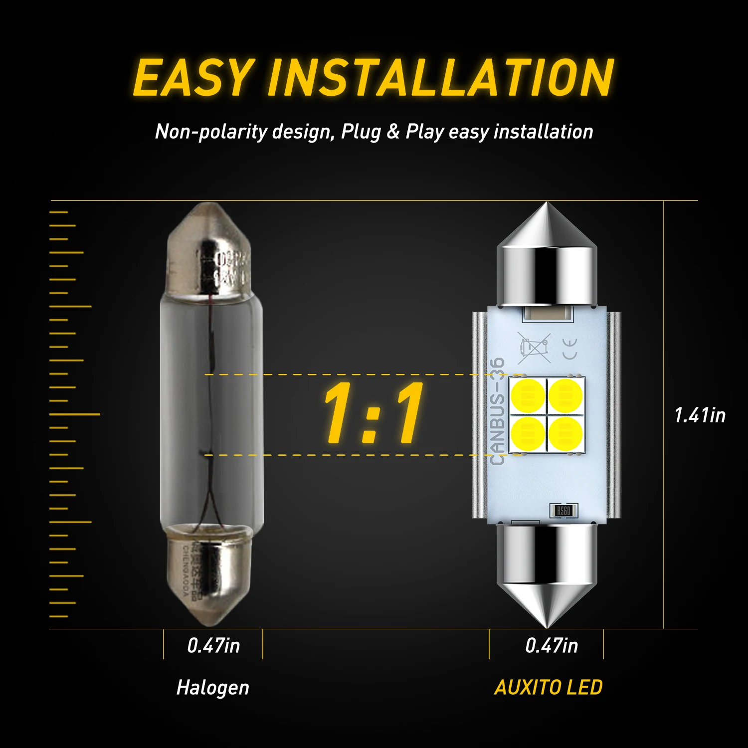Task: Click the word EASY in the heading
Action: [x=193, y=78]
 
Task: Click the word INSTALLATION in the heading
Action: [x=441, y=78]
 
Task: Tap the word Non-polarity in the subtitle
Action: [x=211, y=132]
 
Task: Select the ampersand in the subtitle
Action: [x=393, y=132]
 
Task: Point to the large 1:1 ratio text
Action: [x=373, y=414]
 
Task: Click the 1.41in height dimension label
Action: [x=700, y=415]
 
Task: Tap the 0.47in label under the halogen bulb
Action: [x=213, y=646]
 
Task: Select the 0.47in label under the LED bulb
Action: [x=552, y=646]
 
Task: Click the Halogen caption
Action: [x=212, y=688]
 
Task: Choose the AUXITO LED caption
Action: [x=548, y=688]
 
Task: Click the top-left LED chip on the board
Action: [x=528, y=395]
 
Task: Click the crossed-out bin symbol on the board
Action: [x=533, y=348]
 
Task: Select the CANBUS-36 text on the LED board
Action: [x=497, y=411]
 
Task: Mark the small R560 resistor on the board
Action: [x=563, y=511]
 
